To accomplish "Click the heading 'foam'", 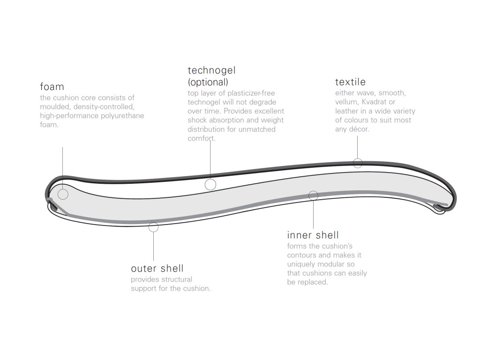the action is (52, 87).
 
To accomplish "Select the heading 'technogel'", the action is (211, 71).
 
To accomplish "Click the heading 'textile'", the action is (350, 82).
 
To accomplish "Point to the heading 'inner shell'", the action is (313, 235).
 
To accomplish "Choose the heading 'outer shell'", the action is (157, 269).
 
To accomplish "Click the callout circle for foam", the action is (63, 194).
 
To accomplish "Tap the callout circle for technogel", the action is (210, 184).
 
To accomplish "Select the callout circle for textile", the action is (358, 163).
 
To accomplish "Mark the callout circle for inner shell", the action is (314, 195).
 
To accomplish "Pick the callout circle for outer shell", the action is (153, 227).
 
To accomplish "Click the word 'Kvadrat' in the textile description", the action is (382, 102).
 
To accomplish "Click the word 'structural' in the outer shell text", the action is (178, 279).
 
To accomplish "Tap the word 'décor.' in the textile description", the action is (359, 129).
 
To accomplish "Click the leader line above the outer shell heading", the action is (153, 246).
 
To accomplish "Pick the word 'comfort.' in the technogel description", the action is (202, 138).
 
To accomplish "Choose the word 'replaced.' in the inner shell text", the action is (313, 282).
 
